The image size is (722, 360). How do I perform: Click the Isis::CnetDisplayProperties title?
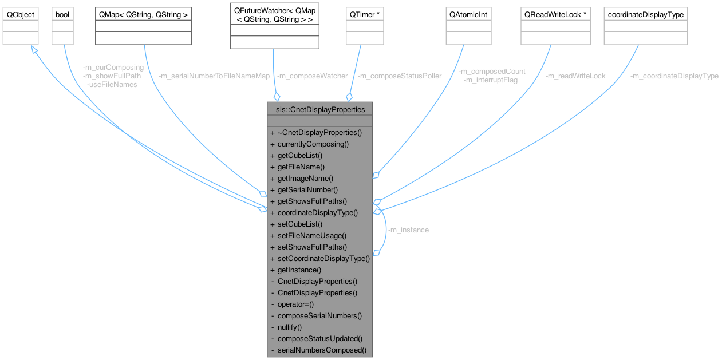[x=320, y=109]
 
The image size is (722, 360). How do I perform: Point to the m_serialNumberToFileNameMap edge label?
[x=214, y=76]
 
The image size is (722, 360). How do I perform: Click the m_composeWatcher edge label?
[x=312, y=76]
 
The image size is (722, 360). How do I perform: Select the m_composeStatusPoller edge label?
[x=399, y=76]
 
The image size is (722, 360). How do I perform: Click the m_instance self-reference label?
[x=408, y=230]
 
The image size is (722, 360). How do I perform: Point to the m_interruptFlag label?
[x=491, y=80]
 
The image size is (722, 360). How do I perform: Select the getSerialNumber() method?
[x=307, y=189]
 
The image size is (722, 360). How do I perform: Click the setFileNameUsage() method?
[x=312, y=235]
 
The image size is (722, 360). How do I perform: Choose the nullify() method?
[x=289, y=327]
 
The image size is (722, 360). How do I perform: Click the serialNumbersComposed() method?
[x=321, y=350]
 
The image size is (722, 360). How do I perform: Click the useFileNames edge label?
[x=112, y=84]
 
